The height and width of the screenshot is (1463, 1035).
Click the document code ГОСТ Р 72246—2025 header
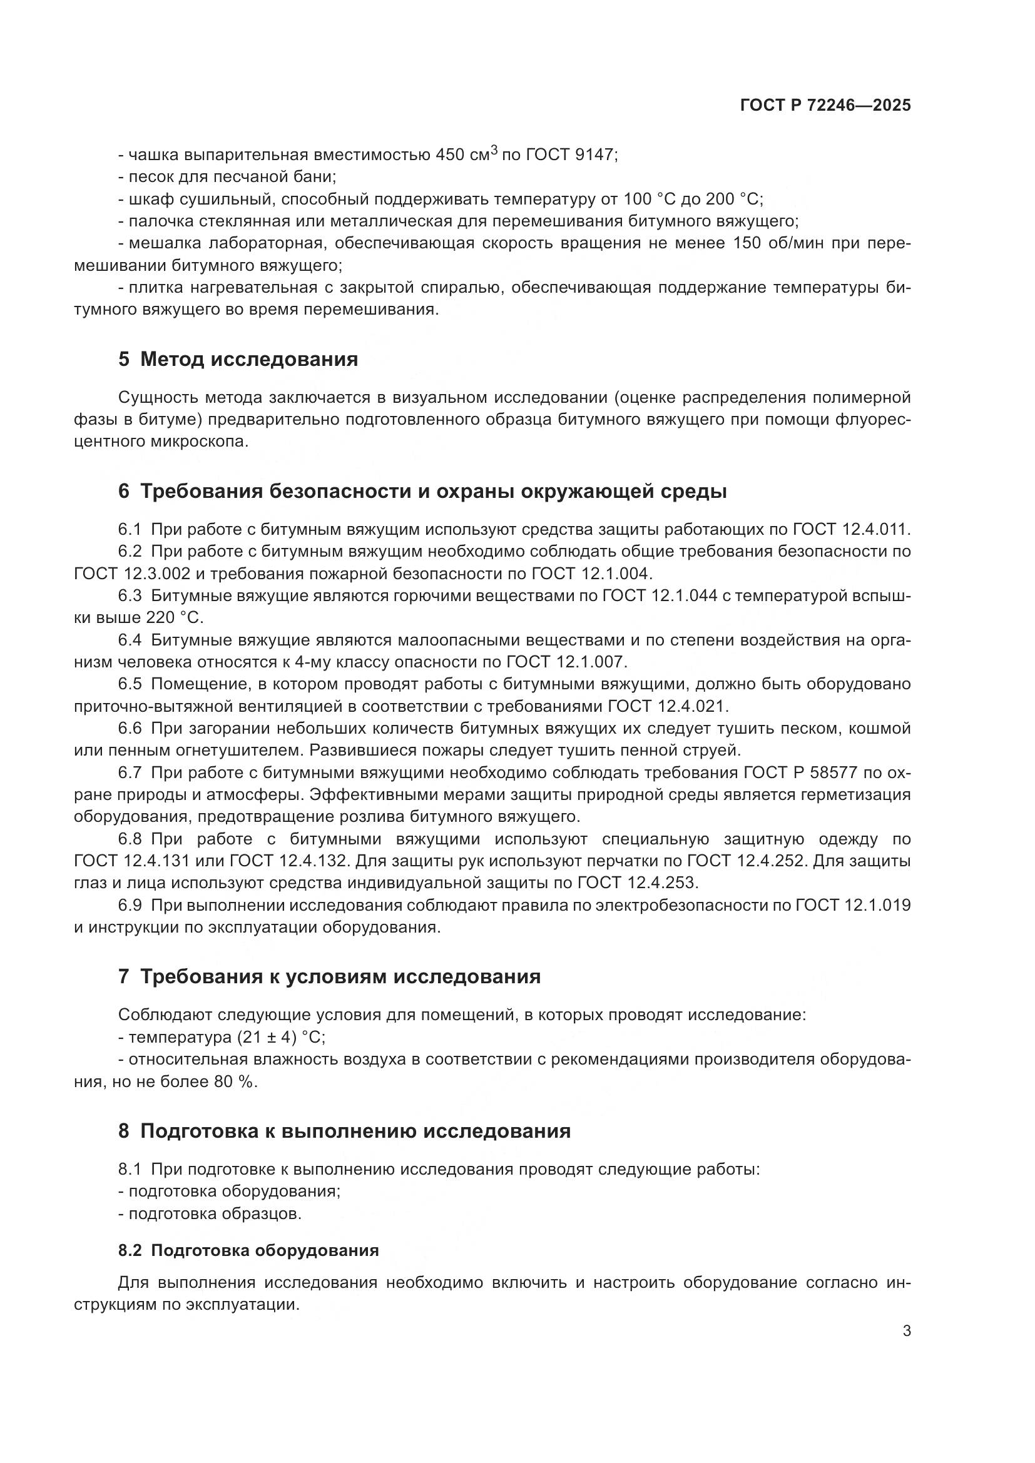click(x=825, y=105)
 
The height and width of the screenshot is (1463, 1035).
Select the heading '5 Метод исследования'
click(x=238, y=360)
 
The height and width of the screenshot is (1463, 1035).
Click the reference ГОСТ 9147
click(x=571, y=155)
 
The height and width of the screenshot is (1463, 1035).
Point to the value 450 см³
click(x=466, y=155)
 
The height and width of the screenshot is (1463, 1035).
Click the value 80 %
click(x=235, y=1081)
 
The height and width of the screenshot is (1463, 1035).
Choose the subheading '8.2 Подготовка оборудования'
click(x=248, y=1251)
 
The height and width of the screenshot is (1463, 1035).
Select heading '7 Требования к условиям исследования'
click(x=329, y=977)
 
